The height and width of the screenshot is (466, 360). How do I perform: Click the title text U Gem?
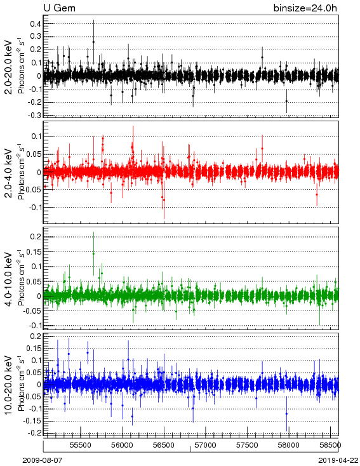60,8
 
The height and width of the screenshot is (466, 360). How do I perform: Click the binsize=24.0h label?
305,8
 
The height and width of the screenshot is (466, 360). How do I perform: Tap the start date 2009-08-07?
43,460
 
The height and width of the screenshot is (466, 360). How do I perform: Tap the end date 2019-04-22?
338,460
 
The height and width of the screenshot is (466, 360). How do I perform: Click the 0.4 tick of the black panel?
36,23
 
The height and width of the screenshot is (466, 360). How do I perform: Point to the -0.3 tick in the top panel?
34,116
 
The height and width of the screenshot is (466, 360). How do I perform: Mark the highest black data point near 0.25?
93,42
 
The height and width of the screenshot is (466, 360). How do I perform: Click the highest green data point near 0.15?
93,253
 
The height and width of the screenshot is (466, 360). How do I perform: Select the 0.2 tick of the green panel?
36,237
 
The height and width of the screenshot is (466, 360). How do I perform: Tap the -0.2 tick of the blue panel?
34,433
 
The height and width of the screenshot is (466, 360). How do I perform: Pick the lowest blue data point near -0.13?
132,416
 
